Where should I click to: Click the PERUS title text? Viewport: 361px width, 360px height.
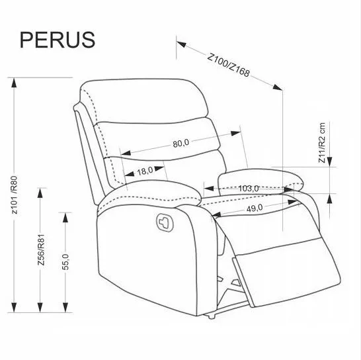pos(58,40)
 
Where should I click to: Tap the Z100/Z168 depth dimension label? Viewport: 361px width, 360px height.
pos(228,66)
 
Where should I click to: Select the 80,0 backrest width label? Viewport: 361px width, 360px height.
pos(181,143)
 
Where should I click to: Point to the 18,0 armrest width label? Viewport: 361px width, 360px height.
pos(145,171)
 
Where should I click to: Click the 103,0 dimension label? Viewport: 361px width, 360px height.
pos(249,189)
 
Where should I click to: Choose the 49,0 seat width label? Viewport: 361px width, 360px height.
pos(255,208)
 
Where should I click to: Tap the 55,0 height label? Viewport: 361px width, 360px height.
pos(65,262)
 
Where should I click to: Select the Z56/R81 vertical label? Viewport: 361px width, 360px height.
pos(41,250)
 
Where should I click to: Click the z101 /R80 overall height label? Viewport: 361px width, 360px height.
pos(15,195)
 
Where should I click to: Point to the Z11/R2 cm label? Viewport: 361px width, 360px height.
pos(322,143)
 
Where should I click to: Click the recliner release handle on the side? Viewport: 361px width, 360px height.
pos(165,222)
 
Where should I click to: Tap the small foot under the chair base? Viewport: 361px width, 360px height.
pos(211,316)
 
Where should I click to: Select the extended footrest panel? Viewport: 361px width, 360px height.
pos(287,272)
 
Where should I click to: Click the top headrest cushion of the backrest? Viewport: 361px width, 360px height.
pos(144,101)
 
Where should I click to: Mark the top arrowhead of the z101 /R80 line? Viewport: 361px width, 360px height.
pos(15,83)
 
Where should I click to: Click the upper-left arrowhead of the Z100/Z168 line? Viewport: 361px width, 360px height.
pos(182,44)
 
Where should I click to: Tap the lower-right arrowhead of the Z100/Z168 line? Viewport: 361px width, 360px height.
pos(277,87)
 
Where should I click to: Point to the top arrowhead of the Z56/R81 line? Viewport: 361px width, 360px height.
pos(40,193)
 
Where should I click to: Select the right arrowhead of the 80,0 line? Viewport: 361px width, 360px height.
pos(235,133)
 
